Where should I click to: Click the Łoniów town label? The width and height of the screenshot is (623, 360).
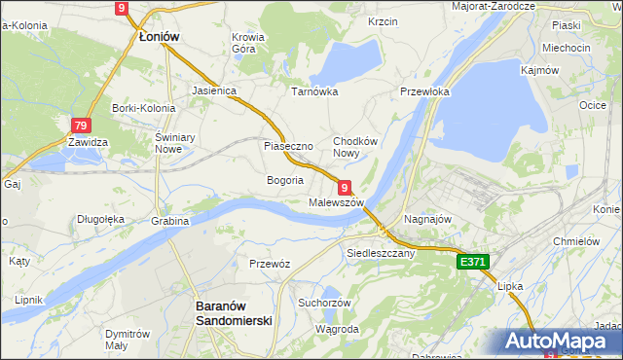[159, 36]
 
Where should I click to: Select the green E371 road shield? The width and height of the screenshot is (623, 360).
[473, 262]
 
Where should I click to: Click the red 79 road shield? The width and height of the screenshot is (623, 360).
[81, 126]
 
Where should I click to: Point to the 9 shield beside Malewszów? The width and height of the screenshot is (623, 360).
[345, 186]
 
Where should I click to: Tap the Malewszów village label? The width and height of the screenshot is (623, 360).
[336, 202]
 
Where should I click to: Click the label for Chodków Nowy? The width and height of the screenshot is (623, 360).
[354, 146]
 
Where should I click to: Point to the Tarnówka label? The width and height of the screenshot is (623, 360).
[314, 91]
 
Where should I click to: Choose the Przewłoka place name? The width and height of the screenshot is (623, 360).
[424, 91]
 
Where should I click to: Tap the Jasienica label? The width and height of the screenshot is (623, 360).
[215, 90]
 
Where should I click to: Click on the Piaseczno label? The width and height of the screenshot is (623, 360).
[287, 146]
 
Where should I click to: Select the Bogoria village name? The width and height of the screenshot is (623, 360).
[285, 180]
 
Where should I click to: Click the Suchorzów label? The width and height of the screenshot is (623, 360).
[324, 303]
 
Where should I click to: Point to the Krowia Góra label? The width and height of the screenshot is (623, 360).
[248, 43]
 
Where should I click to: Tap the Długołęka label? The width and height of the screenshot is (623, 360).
[101, 219]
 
